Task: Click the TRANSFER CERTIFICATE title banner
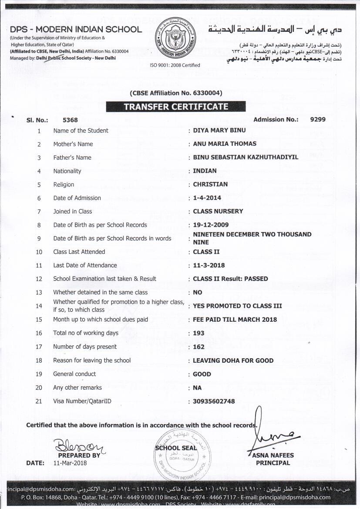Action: pos(176,107)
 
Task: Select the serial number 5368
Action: pos(70,120)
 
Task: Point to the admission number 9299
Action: pos(318,119)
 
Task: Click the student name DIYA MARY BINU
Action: pos(219,130)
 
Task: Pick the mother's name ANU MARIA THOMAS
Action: pos(225,144)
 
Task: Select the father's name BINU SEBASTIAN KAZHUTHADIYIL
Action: pos(246,157)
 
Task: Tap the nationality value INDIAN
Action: pos(205,171)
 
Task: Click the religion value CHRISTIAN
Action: pos(210,184)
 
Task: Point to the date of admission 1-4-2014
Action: pos(207,198)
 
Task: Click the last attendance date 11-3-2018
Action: pos(209,265)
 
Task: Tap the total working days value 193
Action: pos(199,333)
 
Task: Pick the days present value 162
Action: pos(199,347)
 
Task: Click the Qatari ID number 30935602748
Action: pos(214,401)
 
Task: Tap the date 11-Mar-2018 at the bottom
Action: pos(70,463)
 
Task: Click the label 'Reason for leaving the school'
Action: pos(92,360)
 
